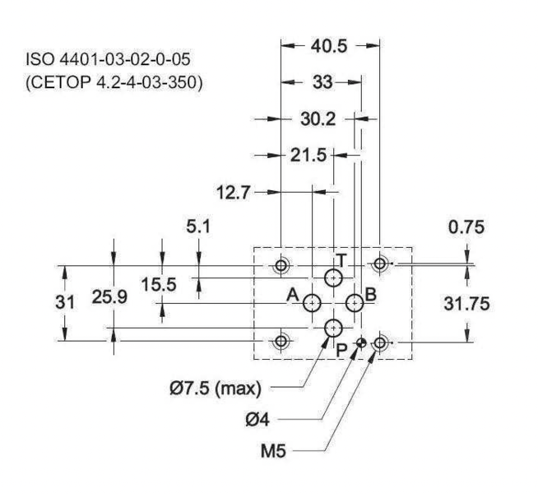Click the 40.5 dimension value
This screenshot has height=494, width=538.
coord(329,46)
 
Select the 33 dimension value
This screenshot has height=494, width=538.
coord(322,82)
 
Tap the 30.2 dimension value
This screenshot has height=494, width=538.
coord(318,119)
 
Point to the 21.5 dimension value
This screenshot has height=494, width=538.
coord(308,155)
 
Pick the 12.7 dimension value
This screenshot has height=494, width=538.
coord(234,192)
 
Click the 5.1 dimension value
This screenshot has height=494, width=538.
coord(198,226)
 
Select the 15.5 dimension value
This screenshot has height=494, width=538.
coord(159,285)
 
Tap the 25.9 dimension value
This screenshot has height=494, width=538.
coord(109,297)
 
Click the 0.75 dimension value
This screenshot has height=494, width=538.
coord(466,227)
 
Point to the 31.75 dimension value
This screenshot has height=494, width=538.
coord(466,304)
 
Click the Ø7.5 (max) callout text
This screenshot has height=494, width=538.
coord(216,389)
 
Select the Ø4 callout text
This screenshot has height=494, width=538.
coord(257,420)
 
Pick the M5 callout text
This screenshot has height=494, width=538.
coord(273,450)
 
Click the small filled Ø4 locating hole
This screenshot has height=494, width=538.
coord(361,343)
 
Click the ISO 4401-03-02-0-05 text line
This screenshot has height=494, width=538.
coord(108,59)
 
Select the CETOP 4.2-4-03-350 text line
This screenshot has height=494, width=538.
coord(114,82)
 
